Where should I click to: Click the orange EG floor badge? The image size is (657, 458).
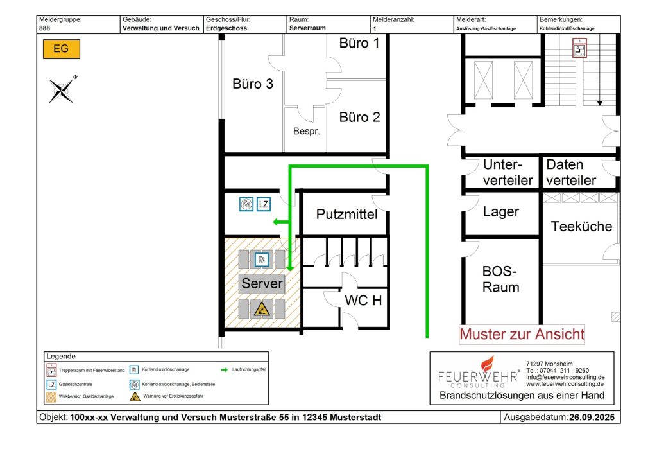[x=62, y=49]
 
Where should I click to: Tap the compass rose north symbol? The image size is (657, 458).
[x=62, y=89]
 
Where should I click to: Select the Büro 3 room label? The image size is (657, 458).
[x=252, y=84]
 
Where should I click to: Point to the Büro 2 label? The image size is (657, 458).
[x=359, y=117]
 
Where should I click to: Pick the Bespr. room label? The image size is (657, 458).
[x=306, y=132]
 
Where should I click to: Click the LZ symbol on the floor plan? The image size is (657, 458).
[x=263, y=205]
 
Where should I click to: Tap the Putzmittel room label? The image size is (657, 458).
[x=346, y=215]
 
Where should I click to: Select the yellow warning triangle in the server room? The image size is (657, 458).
[x=261, y=310]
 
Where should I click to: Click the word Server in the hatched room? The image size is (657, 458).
[x=262, y=283]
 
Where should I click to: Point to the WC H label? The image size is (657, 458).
[x=364, y=300]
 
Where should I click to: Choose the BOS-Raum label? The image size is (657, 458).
[x=500, y=279]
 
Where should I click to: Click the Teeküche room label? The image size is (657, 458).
[x=581, y=226]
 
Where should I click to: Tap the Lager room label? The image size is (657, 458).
[x=500, y=212]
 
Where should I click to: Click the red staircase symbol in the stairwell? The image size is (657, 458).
[x=580, y=49]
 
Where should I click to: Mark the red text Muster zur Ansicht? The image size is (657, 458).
[x=522, y=334]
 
